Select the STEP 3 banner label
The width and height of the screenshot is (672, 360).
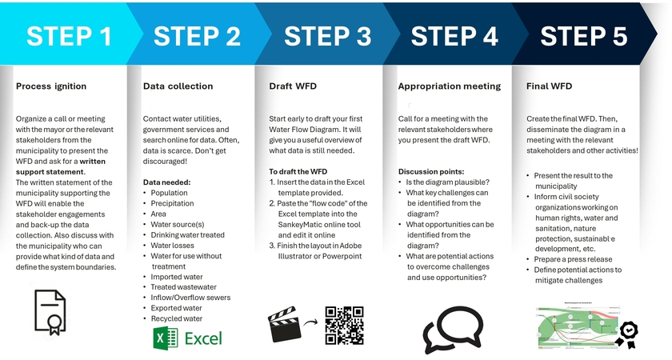click(x=327, y=36)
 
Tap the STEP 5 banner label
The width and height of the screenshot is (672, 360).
click(x=583, y=36)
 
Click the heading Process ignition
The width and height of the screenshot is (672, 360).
click(x=51, y=86)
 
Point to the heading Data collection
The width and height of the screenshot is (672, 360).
click(x=178, y=86)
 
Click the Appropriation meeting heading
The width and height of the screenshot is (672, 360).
click(x=449, y=86)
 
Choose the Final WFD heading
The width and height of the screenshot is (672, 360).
click(x=549, y=86)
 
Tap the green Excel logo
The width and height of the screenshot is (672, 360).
click(x=187, y=338)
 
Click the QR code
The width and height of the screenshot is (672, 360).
click(x=344, y=325)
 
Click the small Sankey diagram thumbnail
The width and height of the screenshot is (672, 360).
click(x=569, y=324)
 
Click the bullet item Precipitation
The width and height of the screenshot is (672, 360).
click(x=172, y=203)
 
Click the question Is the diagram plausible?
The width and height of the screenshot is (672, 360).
click(x=454, y=182)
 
